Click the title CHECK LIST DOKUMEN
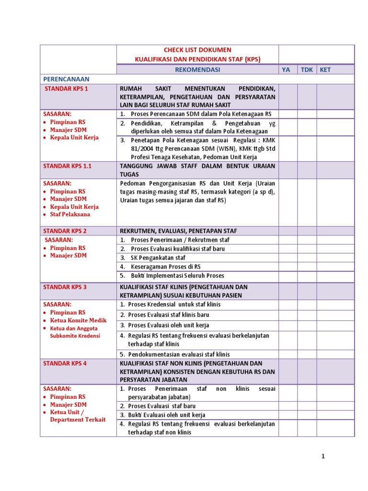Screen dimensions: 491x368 coord(197,50)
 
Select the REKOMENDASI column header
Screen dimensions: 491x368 coord(197,70)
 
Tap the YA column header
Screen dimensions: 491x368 coord(286,70)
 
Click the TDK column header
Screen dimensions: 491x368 coord(306,70)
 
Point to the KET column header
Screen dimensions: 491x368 coord(325,70)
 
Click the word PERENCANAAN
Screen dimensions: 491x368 coord(66,79)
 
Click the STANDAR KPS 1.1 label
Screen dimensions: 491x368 coord(68,165)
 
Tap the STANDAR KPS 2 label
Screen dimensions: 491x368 coord(65,231)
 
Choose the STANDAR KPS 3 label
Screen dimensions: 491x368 coord(65,287)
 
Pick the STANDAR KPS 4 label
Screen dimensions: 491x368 coord(65,363)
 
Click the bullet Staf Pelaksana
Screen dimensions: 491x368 coord(70,214)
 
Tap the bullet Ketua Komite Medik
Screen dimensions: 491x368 coord(78,320)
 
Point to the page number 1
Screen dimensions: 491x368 coord(323,456)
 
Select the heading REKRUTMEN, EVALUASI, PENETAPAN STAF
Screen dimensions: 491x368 coord(178,231)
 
